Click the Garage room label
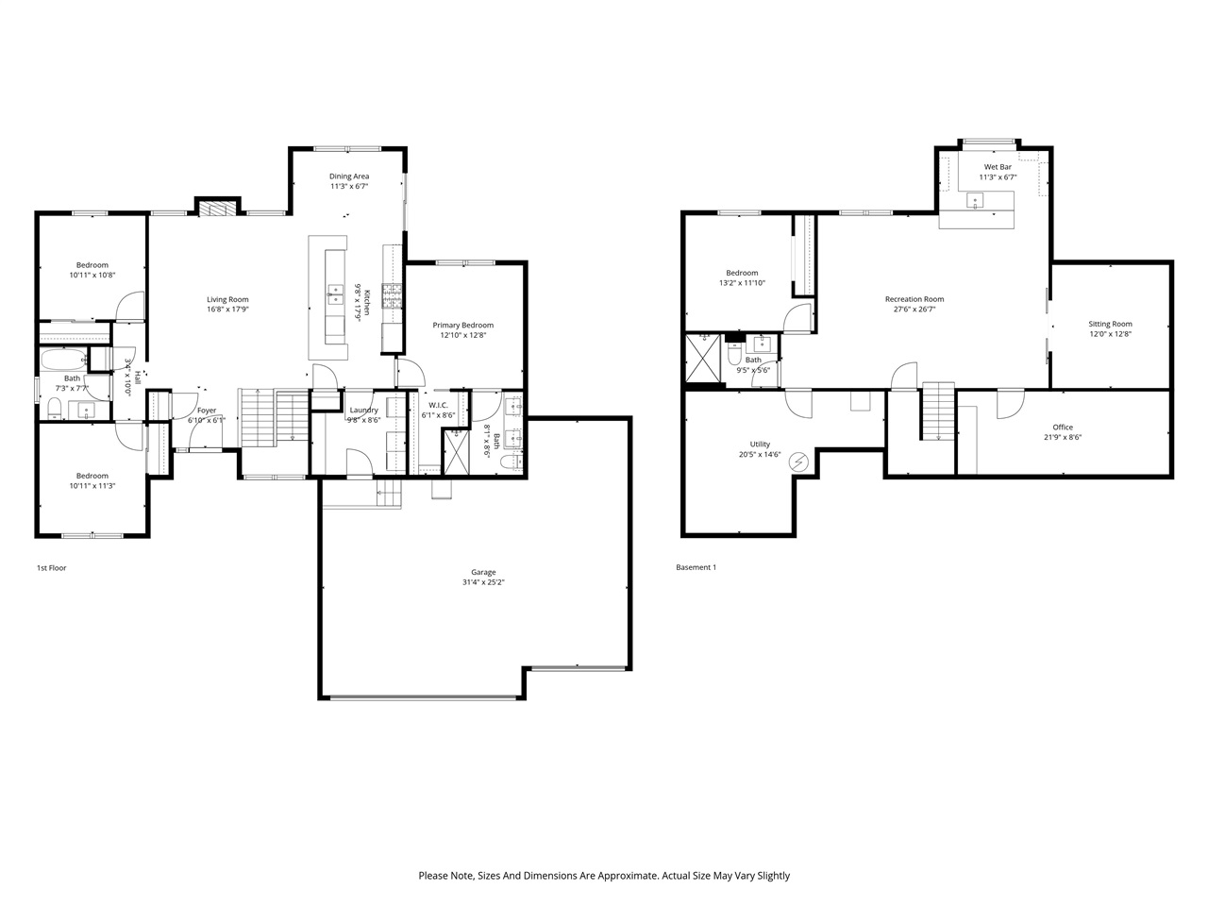coord(483,572)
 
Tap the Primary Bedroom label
coord(462,326)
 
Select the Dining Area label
coord(349,176)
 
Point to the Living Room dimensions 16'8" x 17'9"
coord(227,310)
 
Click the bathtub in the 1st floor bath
coord(62,360)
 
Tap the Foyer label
coord(206,411)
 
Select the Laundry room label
coord(363,410)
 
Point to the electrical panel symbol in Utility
coord(798,461)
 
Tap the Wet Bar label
coord(998,167)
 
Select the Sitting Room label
coord(1110,324)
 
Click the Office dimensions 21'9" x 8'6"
coord(1063,437)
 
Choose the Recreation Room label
coord(914,299)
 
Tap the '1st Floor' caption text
coord(51,568)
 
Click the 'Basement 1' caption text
coord(696,568)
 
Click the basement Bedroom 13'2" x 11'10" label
coord(741,273)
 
